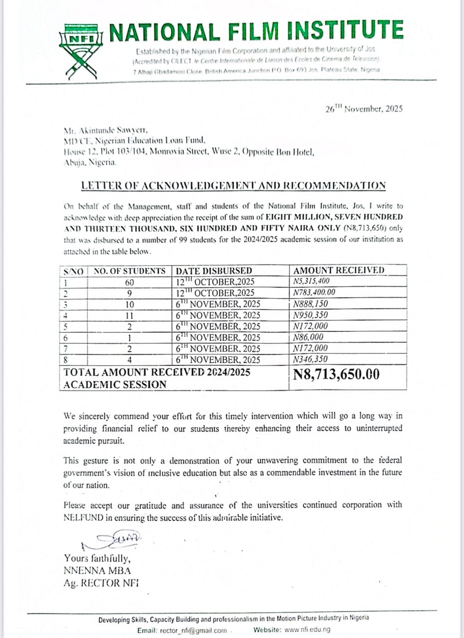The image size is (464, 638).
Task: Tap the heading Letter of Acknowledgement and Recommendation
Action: tap(233, 186)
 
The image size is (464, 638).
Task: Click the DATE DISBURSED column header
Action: tap(213, 271)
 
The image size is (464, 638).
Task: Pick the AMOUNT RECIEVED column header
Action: tap(339, 270)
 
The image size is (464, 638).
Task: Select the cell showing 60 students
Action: tap(130, 282)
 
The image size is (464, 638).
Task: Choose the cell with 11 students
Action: tap(130, 315)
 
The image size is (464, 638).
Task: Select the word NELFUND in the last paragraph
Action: tap(85, 517)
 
